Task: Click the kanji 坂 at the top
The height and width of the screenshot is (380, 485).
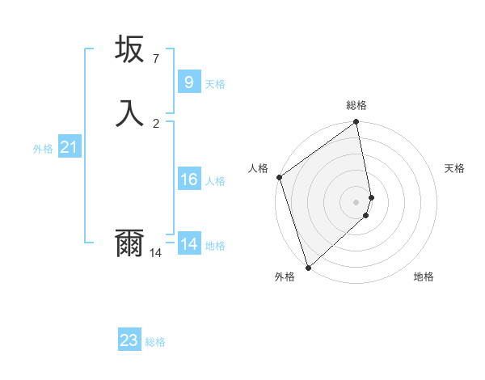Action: point(129,49)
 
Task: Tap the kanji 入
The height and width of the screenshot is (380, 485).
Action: point(129,113)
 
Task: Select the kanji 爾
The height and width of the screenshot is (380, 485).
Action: point(129,243)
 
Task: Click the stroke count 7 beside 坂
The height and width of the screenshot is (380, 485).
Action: point(156,59)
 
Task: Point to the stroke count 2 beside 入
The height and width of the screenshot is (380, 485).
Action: point(156,123)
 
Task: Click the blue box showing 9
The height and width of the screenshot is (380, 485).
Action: point(188,82)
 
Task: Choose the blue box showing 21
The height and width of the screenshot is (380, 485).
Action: point(69,147)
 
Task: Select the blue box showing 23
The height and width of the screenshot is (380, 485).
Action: point(129,340)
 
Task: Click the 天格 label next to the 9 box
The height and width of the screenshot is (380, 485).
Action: point(215,84)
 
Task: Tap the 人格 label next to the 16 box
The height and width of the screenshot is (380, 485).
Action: point(215,181)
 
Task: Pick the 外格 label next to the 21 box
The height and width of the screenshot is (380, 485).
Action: point(43,150)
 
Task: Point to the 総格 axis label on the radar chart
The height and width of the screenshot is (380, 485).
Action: point(356,105)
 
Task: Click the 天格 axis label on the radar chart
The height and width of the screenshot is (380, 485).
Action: point(454,168)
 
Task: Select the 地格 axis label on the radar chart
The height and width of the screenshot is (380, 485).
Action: point(424,277)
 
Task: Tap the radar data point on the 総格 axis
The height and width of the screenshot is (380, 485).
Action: point(356,123)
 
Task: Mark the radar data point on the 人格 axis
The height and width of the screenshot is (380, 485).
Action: point(279,177)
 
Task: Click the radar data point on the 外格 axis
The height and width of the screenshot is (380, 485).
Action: point(308,267)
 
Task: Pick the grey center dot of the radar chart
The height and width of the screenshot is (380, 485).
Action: point(356,201)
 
